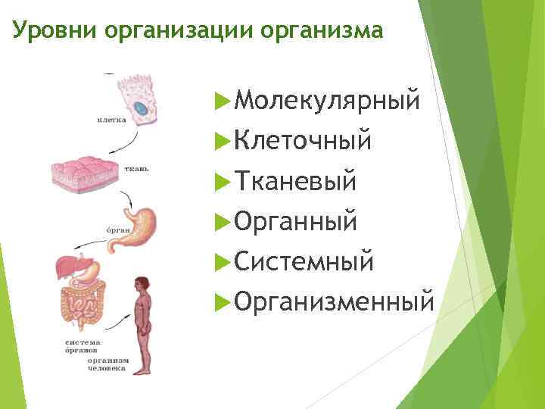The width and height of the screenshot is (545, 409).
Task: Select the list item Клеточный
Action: coord(303,140)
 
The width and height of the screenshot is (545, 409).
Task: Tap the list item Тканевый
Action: coord(295,181)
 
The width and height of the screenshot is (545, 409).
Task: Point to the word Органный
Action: coord(296,221)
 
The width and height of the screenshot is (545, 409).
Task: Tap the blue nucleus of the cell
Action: coord(141,109)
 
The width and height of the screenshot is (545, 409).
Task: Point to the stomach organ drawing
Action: coord(136,226)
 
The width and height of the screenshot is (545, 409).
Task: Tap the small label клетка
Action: coord(111,120)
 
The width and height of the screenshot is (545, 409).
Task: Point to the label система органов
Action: coord(80,347)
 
